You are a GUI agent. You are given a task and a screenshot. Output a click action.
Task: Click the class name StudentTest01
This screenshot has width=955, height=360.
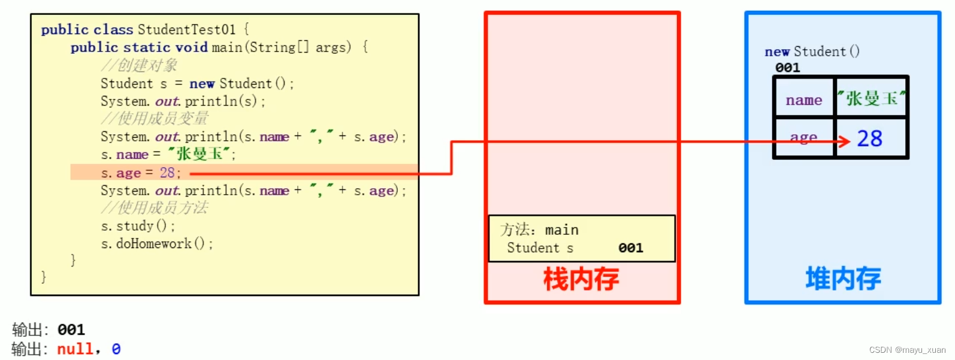pyautogui.click(x=186, y=29)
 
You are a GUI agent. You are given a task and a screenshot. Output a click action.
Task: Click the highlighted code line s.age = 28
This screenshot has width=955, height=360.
pyautogui.click(x=141, y=173)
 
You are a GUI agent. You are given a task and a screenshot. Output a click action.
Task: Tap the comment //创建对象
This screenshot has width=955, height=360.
pyautogui.click(x=139, y=65)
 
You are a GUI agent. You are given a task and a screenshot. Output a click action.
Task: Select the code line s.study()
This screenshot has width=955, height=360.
pyautogui.click(x=138, y=226)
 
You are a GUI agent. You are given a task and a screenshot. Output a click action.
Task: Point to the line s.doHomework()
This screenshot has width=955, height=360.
pyautogui.click(x=157, y=244)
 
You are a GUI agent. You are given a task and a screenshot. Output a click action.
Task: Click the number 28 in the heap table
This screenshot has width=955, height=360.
pyautogui.click(x=869, y=139)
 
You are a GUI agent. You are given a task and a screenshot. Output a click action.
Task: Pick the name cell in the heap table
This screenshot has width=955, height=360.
pyautogui.click(x=803, y=100)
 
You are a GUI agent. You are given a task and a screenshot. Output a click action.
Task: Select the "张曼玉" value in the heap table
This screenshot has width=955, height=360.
pyautogui.click(x=872, y=98)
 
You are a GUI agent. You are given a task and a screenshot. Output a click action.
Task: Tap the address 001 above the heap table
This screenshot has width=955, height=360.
pyautogui.click(x=787, y=68)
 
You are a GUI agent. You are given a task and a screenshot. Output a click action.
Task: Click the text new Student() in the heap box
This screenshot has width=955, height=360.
pyautogui.click(x=812, y=52)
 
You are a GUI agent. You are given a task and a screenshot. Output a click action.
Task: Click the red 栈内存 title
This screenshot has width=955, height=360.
pyautogui.click(x=581, y=280)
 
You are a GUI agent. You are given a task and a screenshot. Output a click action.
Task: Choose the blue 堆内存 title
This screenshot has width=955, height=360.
pyautogui.click(x=843, y=279)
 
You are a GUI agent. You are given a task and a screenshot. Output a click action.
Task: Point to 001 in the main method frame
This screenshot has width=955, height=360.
pyautogui.click(x=630, y=248)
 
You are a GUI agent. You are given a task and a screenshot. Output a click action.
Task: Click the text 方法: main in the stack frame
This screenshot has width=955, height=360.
pyautogui.click(x=539, y=230)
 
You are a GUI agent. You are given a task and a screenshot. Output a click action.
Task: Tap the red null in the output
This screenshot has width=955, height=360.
pyautogui.click(x=75, y=349)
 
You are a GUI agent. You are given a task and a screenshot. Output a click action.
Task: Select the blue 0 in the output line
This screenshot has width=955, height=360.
pyautogui.click(x=116, y=349)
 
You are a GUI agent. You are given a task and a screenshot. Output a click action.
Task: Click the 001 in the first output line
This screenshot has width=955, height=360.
pyautogui.click(x=71, y=330)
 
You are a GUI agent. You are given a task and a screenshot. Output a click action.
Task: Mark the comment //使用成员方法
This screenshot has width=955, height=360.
pyautogui.click(x=155, y=208)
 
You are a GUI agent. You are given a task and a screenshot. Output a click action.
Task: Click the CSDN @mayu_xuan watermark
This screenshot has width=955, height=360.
pyautogui.click(x=907, y=350)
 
